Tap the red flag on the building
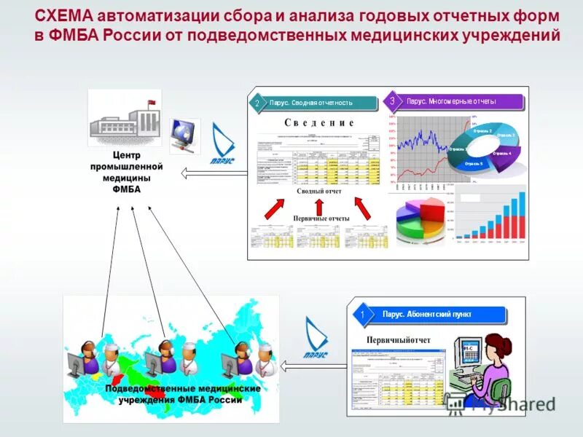tap(152, 102)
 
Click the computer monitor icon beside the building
tap(181, 134)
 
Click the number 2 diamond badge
tap(257, 103)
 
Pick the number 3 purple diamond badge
tap(392, 101)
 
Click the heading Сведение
tap(318, 123)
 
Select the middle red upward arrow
tap(318, 206)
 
